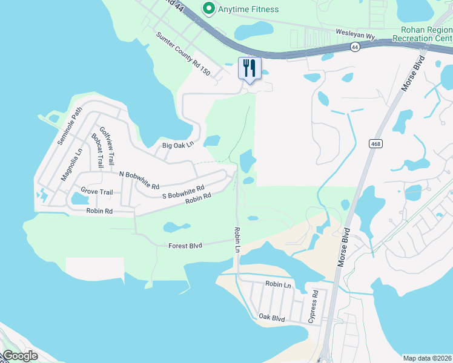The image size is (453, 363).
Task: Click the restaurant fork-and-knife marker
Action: click(249, 68)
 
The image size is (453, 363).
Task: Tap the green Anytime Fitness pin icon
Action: click(209, 9)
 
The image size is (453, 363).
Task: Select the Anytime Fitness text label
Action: click(248, 9)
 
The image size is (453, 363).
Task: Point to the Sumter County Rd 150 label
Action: click(183, 54)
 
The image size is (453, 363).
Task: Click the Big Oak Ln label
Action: click(177, 145)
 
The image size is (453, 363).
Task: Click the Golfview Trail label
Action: click(106, 143)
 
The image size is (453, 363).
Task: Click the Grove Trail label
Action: click(97, 192)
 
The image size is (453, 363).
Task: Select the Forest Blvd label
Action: click(185, 246)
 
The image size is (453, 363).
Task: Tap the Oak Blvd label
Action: click(271, 317)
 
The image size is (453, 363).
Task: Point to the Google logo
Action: click(20, 356)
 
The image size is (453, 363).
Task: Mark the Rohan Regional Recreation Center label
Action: click(422, 34)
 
